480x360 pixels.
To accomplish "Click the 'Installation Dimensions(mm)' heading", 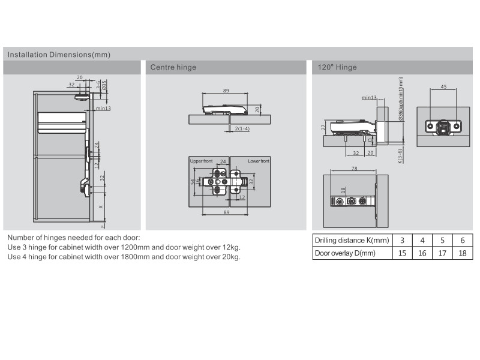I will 59,55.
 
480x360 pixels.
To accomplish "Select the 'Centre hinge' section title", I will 173,67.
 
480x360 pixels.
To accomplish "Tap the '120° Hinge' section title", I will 337,67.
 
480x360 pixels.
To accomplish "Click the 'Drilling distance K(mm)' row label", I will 352,241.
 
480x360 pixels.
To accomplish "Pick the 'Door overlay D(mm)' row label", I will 345,253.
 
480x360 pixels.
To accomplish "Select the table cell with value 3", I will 402,241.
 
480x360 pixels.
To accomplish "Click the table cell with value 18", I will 462,253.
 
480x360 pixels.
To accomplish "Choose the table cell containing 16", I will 422,253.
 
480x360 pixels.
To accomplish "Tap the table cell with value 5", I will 442,241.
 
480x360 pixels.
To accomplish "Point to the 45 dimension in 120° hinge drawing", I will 443,87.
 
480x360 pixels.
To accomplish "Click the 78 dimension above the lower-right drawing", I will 355,169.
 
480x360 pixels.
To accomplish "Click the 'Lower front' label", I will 259,161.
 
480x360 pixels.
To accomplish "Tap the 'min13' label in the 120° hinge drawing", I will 369,97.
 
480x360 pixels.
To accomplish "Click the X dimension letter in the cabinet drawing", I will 100,206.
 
